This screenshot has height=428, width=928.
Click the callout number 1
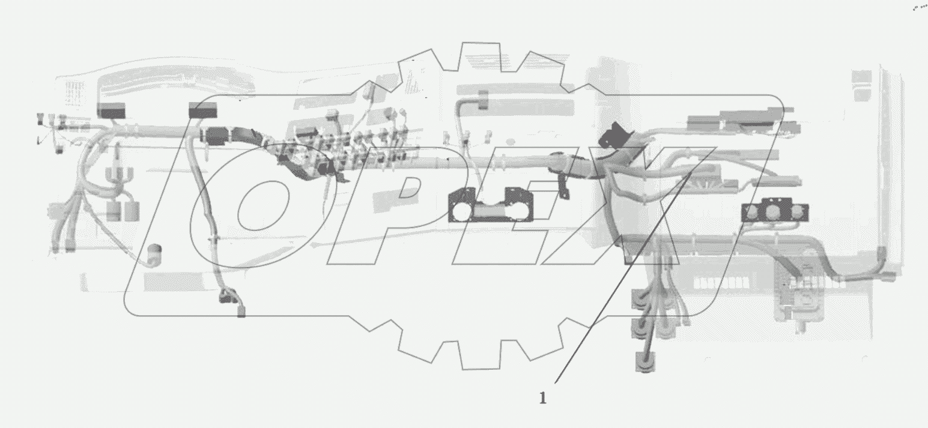543,398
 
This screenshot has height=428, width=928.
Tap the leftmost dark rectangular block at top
111,110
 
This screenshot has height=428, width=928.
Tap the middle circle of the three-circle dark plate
773,212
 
